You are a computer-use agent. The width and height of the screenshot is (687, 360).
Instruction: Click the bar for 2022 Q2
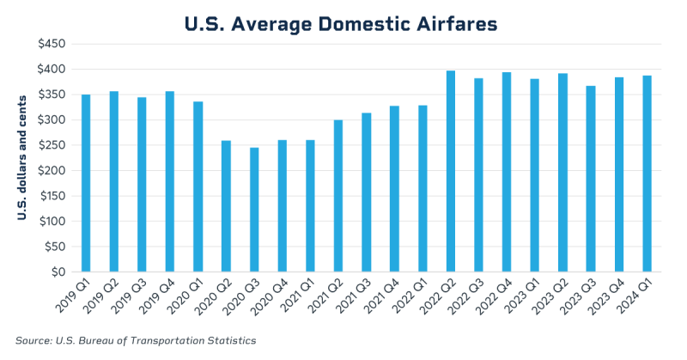(x=451, y=172)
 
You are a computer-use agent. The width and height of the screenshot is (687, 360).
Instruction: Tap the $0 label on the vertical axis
(x=58, y=272)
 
